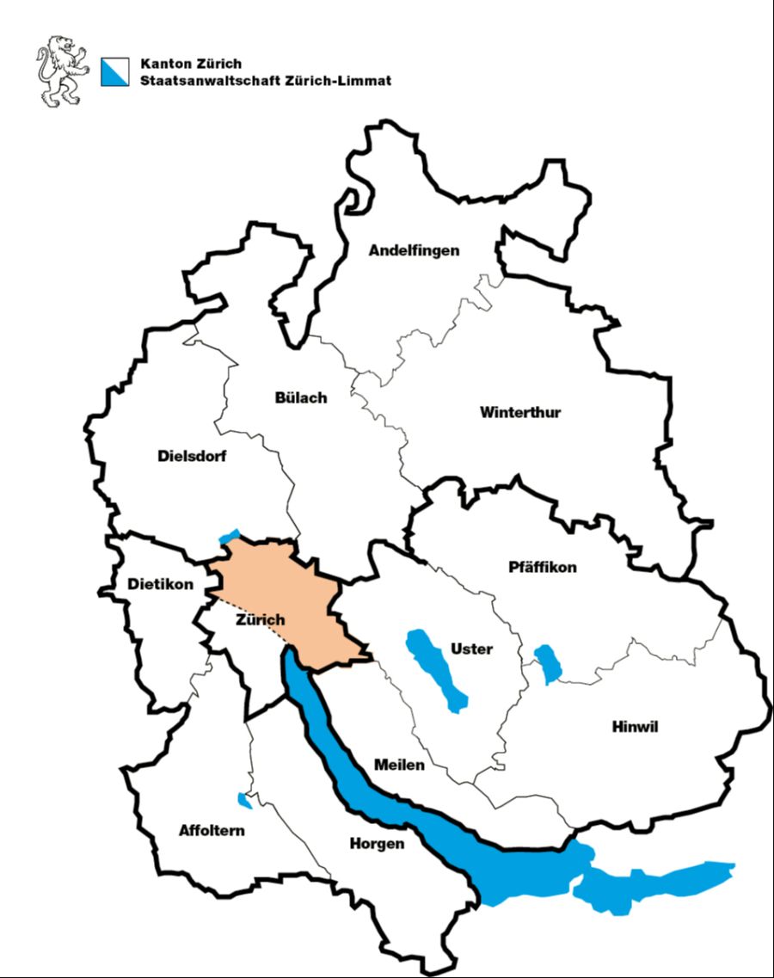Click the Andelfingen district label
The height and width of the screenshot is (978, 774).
click(414, 251)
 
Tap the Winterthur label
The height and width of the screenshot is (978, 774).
click(520, 412)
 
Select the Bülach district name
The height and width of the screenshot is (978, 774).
click(301, 398)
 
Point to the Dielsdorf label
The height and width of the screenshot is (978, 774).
click(192, 456)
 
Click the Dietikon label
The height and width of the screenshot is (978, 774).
click(160, 585)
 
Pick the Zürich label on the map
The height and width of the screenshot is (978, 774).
click(260, 619)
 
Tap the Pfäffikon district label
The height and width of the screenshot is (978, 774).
click(543, 568)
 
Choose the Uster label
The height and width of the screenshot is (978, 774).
click(471, 649)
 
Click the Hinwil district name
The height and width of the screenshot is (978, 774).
click(635, 727)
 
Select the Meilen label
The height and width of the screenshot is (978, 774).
click(399, 765)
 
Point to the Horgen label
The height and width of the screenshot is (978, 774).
click(377, 844)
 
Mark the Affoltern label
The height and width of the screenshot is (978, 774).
click(212, 831)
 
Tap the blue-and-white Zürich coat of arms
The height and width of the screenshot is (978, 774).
click(114, 71)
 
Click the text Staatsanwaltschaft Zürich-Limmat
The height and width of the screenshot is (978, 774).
click(266, 80)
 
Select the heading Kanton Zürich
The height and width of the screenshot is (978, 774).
click(191, 64)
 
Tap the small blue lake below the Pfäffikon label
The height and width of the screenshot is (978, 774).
click(548, 663)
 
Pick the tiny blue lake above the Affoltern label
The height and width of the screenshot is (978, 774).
click(245, 801)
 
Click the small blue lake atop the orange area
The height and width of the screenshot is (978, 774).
click(229, 537)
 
